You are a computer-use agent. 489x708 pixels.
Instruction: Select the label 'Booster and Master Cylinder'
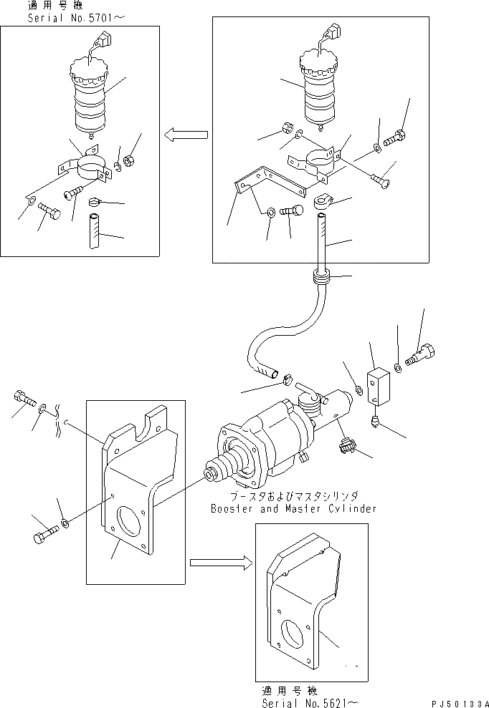(293, 509)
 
